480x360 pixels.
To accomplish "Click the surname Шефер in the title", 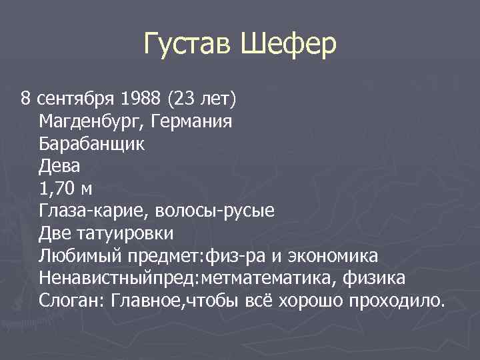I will [x=288, y=46].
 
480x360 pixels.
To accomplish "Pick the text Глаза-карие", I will [x=92, y=211].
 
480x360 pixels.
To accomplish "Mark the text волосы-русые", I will [x=214, y=211].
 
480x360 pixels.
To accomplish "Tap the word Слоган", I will [x=67, y=301].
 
